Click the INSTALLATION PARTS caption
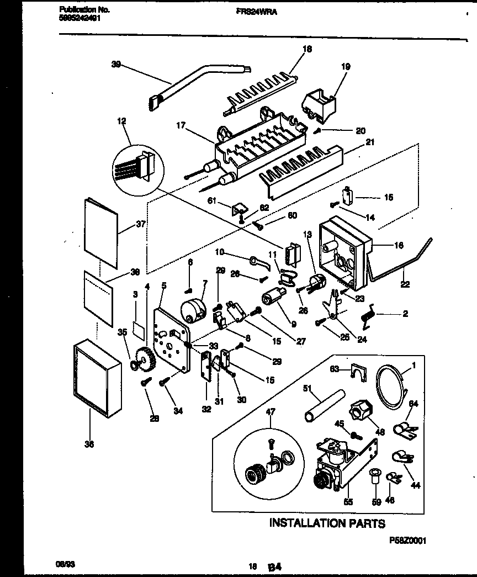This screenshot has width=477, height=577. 327,522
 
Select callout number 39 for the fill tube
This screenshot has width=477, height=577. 115,64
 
